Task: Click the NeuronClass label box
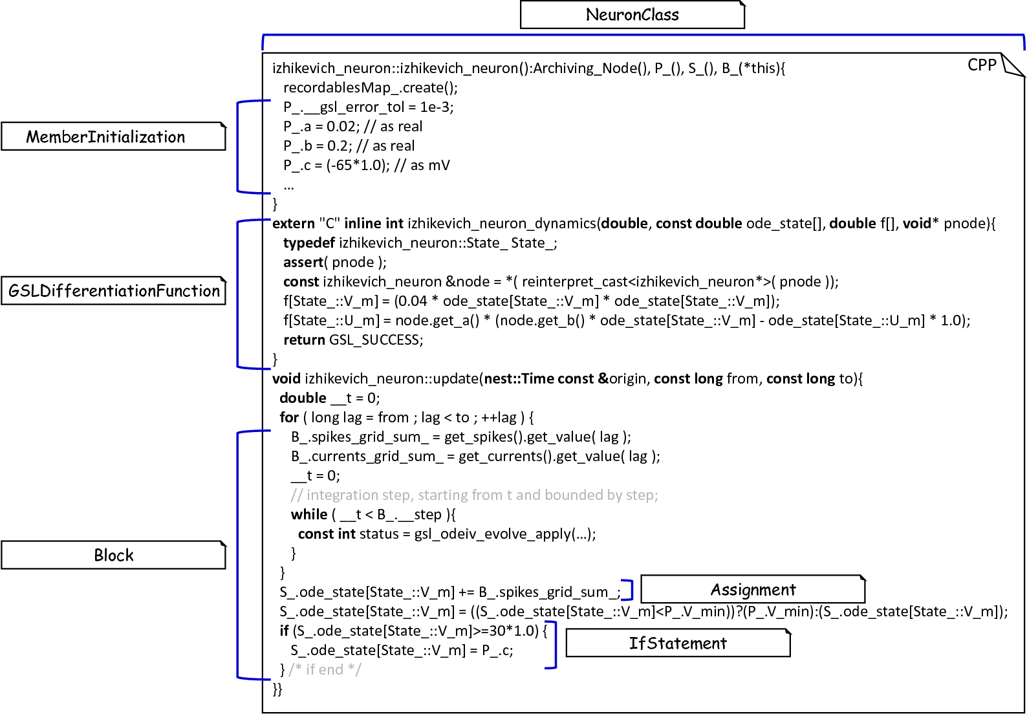click(x=632, y=15)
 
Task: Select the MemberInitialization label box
click(x=113, y=136)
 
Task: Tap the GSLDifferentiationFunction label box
click(x=113, y=291)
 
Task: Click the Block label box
click(x=113, y=555)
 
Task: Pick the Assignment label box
click(x=753, y=589)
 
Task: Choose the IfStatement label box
click(x=678, y=643)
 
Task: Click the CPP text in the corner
click(x=982, y=65)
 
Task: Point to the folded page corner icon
click(x=1013, y=65)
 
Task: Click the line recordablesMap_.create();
click(x=371, y=87)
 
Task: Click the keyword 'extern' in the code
click(x=294, y=223)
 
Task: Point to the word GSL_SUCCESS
click(x=375, y=340)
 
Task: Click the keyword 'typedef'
click(x=308, y=243)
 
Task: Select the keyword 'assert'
click(x=303, y=262)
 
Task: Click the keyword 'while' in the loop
click(x=309, y=514)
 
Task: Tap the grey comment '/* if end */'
click(x=325, y=669)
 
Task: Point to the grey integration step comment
click(x=474, y=495)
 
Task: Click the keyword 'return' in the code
click(x=304, y=340)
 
